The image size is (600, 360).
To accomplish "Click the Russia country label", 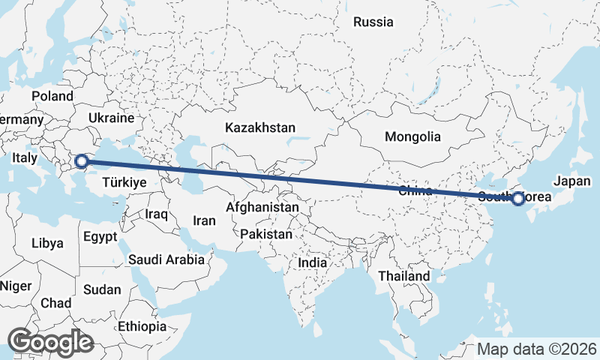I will (373, 22).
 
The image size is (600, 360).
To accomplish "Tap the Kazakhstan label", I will (260, 128).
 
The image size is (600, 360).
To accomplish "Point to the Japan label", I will (573, 181).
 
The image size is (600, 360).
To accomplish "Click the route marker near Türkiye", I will (81, 160).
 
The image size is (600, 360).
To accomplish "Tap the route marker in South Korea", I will (517, 198).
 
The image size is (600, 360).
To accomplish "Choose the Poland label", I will (52, 96).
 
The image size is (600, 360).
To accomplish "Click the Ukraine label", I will (110, 118).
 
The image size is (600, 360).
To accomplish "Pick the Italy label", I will (24, 158).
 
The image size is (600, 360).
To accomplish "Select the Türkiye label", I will (124, 182).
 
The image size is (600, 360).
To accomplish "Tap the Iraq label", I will (157, 214).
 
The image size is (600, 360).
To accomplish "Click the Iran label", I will (204, 220).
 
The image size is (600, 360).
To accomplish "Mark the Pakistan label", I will (266, 234).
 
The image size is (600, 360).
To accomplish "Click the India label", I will (313, 262).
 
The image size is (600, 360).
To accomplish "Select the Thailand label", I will (404, 276).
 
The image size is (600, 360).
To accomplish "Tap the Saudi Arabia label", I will (166, 259).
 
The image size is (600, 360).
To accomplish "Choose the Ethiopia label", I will (142, 326).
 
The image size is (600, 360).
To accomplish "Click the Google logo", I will (49, 342).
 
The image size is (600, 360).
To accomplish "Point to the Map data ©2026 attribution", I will (537, 349).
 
